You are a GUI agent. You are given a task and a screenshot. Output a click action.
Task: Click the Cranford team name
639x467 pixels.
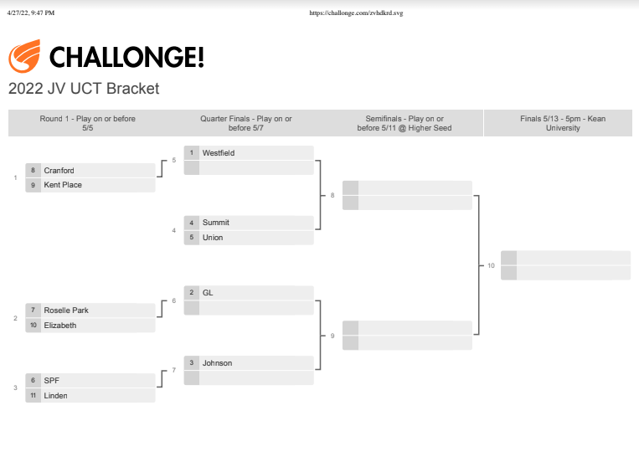tap(59, 170)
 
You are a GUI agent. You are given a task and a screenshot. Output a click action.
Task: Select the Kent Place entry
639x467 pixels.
tap(63, 185)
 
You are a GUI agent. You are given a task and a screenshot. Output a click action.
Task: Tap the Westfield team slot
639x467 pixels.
tap(219, 153)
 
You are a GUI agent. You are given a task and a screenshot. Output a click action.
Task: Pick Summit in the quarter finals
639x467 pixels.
tap(215, 223)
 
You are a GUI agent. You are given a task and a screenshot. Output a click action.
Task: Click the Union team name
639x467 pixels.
tap(213, 238)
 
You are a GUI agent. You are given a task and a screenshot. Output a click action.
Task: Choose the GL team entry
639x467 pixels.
tap(208, 293)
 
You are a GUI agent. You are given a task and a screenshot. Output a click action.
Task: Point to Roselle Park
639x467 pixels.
tap(66, 310)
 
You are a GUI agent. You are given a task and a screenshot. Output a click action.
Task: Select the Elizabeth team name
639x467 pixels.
tap(60, 326)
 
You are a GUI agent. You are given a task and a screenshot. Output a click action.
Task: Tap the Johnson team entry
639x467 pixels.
tap(217, 362)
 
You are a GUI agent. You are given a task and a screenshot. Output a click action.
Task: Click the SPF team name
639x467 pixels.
tap(51, 381)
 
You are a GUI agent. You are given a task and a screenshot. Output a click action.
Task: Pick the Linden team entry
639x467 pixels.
tap(55, 395)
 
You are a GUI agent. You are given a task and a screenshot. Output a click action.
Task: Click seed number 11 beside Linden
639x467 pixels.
tap(33, 395)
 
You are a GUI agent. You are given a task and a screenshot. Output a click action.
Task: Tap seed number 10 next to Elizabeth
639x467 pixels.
tap(33, 325)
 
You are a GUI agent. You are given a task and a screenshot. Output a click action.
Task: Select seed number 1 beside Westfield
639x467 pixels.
tap(192, 152)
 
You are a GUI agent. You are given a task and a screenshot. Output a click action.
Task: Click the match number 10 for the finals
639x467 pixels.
tap(491, 265)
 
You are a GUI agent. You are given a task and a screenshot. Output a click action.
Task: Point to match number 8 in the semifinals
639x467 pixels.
tap(332, 196)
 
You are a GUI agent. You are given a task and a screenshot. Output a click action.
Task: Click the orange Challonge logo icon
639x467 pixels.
tap(24, 56)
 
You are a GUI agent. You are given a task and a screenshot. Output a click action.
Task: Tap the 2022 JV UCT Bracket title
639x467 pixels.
tap(84, 89)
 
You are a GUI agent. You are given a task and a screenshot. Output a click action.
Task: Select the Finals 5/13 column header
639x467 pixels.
tap(563, 123)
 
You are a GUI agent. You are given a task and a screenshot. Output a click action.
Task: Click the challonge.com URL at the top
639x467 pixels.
tap(356, 13)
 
